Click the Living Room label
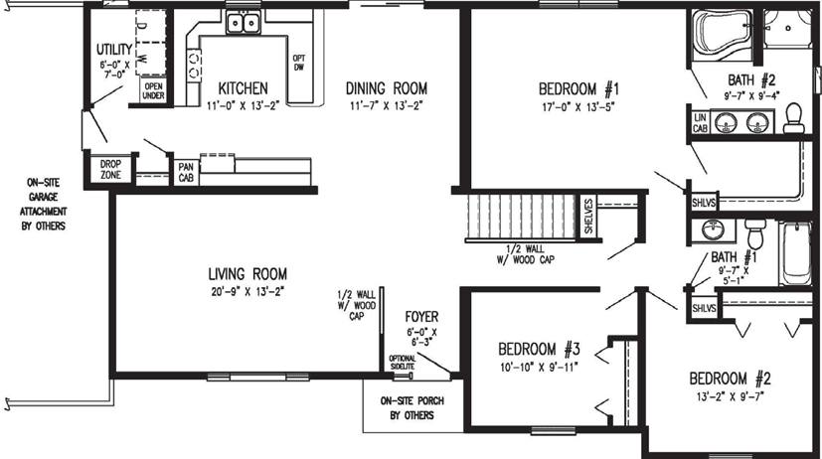(247, 273)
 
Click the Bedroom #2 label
(731, 379)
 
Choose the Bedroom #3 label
(538, 349)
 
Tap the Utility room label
(114, 50)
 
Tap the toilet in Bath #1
(754, 234)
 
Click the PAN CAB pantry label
(185, 173)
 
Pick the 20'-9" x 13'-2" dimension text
(247, 291)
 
